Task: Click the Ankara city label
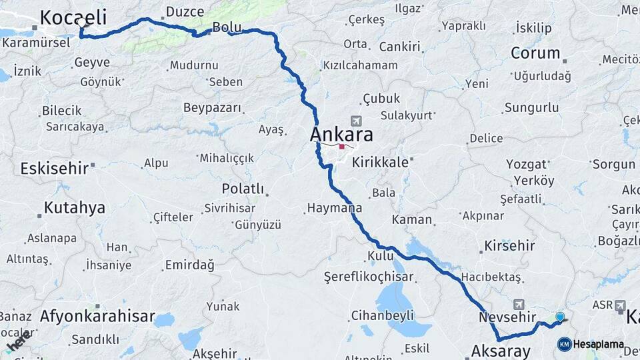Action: (341, 135)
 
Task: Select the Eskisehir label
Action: (54, 168)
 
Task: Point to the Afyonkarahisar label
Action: (97, 316)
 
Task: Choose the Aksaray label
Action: (501, 351)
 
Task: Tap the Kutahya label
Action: (74, 208)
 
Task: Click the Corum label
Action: (535, 53)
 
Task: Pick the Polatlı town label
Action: (243, 189)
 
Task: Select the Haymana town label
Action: (334, 208)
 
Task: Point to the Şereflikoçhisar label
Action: (365, 275)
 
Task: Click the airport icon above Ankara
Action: (355, 120)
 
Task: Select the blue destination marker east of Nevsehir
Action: (560, 317)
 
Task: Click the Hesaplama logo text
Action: (598, 345)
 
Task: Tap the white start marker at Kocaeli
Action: (82, 23)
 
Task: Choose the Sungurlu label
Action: (531, 107)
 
